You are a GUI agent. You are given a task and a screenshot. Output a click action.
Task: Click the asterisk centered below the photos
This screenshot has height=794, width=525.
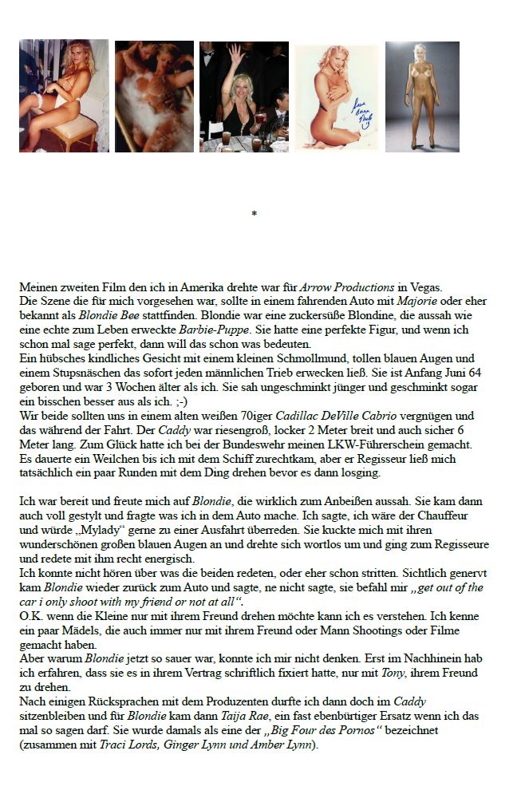254,214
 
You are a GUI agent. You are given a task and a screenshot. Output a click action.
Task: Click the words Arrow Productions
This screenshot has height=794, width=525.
347,287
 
